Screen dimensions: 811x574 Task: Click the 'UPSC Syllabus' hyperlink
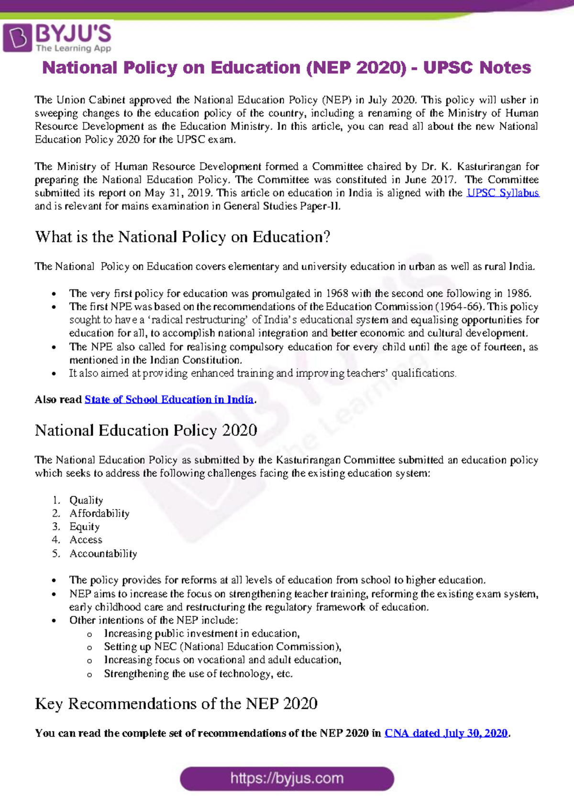[x=503, y=193]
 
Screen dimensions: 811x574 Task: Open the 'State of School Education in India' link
[x=169, y=399]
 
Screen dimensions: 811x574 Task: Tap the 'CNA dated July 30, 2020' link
[x=446, y=733]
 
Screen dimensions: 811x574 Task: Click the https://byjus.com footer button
[x=287, y=778]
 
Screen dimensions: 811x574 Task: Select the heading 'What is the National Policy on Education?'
[x=183, y=237]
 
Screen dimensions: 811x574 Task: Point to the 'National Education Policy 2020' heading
[x=146, y=430]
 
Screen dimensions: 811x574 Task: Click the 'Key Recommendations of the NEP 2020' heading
[x=176, y=703]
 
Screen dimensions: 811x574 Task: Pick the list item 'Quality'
[x=86, y=500]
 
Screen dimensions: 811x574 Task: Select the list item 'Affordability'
[x=99, y=514]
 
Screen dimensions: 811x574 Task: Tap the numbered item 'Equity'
[x=85, y=526]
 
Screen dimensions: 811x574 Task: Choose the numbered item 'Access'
[x=86, y=540]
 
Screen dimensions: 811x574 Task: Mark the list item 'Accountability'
[x=103, y=553]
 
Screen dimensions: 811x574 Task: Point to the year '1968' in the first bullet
[x=337, y=293]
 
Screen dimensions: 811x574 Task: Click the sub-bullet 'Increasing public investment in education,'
[x=202, y=633]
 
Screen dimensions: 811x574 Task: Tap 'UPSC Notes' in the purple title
[x=477, y=68]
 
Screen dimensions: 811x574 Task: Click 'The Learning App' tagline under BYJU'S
[x=74, y=48]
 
